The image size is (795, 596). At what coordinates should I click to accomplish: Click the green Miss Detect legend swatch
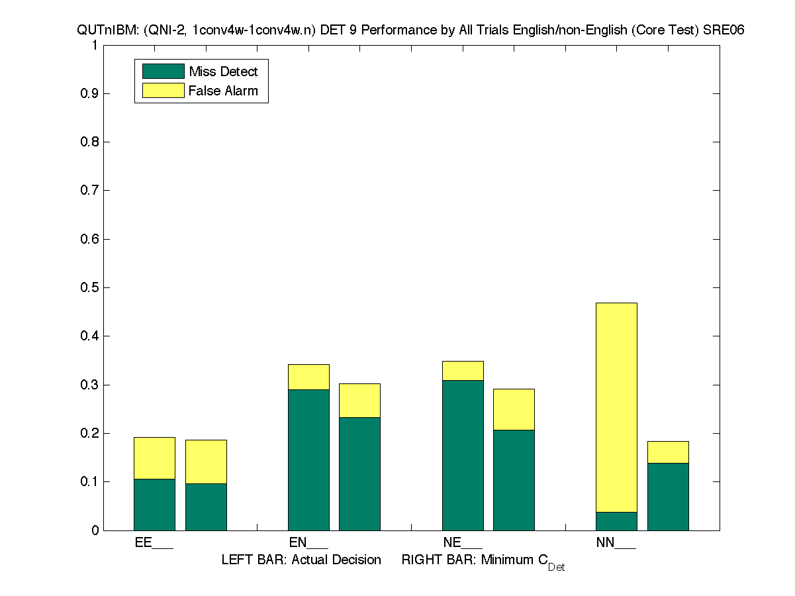pos(163,72)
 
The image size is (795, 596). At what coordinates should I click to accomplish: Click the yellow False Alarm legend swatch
pos(163,91)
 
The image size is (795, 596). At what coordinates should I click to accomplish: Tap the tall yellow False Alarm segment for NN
pos(616,407)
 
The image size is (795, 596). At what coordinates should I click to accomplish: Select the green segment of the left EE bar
pos(154,504)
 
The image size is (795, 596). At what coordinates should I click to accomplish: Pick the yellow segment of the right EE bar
pos(206,462)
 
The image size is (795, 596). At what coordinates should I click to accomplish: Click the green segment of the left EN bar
pos(308,460)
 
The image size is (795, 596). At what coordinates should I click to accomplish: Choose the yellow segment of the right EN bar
pos(359,401)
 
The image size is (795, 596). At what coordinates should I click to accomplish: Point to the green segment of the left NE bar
pos(463,455)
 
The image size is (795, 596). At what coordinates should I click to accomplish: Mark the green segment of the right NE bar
pos(514,479)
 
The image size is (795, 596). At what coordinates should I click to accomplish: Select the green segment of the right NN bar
pos(668,496)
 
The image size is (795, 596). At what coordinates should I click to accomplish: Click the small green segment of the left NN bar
pos(616,521)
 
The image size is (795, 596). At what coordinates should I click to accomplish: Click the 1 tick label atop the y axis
pos(95,45)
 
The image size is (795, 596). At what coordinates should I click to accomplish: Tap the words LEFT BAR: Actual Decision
pos(301,560)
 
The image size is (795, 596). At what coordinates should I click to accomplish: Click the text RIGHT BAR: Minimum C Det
pos(483,562)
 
